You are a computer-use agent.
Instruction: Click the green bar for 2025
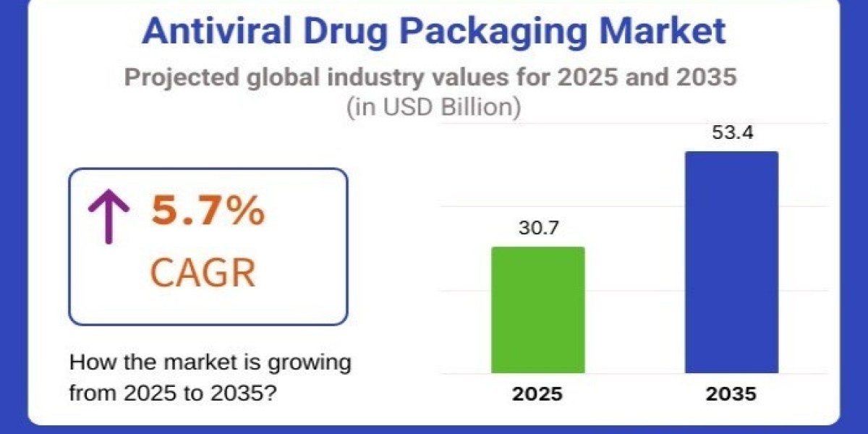tap(537, 310)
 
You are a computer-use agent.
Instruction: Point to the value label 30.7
tap(537, 229)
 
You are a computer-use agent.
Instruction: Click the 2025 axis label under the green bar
tap(537, 395)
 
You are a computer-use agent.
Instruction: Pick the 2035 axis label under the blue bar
tap(731, 395)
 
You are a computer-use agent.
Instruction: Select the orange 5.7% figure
tap(207, 212)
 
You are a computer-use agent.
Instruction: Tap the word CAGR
tap(203, 273)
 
